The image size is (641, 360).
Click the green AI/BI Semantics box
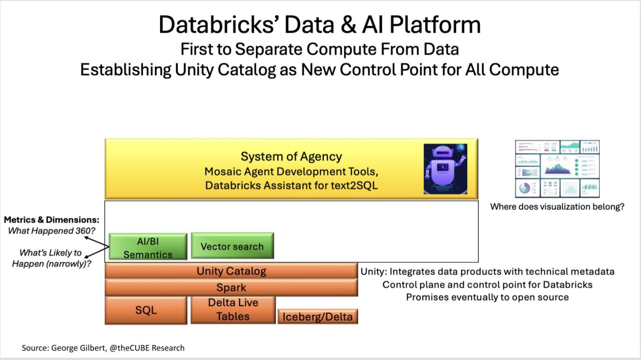coord(148,247)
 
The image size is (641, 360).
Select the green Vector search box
coord(232,246)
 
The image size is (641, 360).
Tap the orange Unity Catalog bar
coord(231,271)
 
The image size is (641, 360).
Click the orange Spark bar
coord(231,287)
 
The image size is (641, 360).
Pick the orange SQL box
coord(146,310)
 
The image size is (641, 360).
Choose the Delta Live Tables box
coord(233,310)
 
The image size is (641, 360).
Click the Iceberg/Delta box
coord(318,317)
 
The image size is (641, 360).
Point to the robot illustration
coord(445,169)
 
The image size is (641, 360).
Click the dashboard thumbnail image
coord(557,169)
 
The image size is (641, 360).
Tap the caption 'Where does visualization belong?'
coord(557,207)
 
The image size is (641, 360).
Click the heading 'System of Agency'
coord(291,156)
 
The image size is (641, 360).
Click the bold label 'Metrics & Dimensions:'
coord(52,220)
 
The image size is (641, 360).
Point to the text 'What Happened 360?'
coord(52,231)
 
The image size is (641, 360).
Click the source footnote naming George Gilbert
coord(103,348)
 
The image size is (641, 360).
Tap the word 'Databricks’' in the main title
coord(219,25)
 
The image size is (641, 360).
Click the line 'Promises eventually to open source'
coord(487,297)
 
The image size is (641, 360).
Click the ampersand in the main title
coord(348,25)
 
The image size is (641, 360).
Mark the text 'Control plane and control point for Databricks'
coord(487,285)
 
